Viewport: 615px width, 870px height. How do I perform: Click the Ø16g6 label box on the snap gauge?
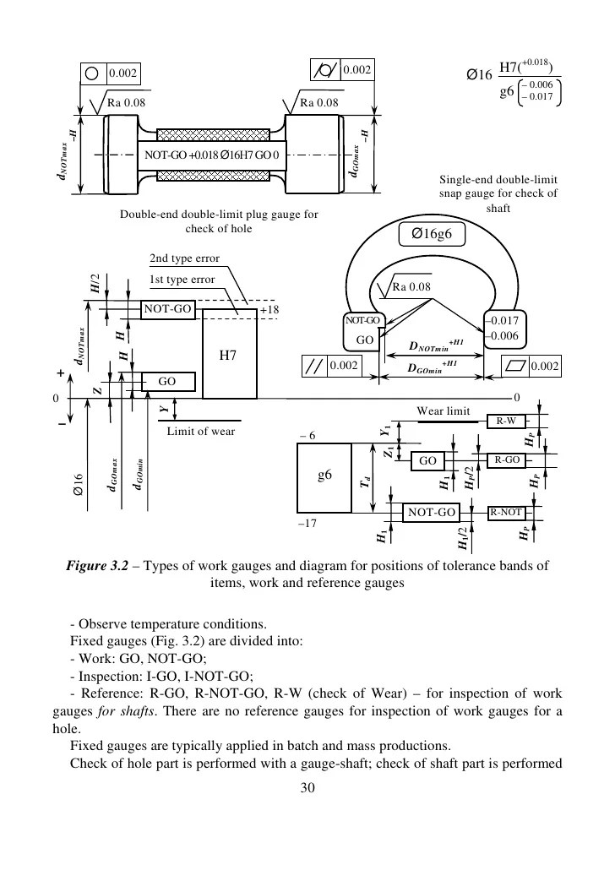point(432,234)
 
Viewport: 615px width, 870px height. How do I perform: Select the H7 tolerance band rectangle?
point(230,353)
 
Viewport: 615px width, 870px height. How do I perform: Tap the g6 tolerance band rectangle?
point(324,478)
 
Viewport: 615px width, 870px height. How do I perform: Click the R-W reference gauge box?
point(506,421)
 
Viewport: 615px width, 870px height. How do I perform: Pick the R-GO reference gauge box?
point(507,460)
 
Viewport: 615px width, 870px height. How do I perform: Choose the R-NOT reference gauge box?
point(506,512)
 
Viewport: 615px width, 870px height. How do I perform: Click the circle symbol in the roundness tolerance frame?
point(93,73)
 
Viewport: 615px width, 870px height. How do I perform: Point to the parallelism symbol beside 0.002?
point(315,366)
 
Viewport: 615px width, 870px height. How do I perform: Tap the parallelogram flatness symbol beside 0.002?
point(515,367)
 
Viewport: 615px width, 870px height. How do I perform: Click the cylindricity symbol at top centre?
point(325,70)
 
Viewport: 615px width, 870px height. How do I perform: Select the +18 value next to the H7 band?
point(269,310)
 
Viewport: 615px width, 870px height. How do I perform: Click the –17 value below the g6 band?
point(307,523)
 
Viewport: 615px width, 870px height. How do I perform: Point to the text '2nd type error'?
point(184,258)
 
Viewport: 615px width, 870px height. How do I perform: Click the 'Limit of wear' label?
point(201,431)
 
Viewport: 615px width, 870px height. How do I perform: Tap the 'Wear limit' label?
point(443,411)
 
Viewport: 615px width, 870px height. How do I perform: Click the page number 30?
point(307,788)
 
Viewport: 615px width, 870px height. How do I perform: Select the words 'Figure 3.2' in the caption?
point(97,566)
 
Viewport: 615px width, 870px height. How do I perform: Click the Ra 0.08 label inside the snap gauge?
point(411,287)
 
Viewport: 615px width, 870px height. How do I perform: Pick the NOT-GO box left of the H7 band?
point(167,309)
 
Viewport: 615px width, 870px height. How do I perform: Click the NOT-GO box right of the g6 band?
point(431,512)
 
